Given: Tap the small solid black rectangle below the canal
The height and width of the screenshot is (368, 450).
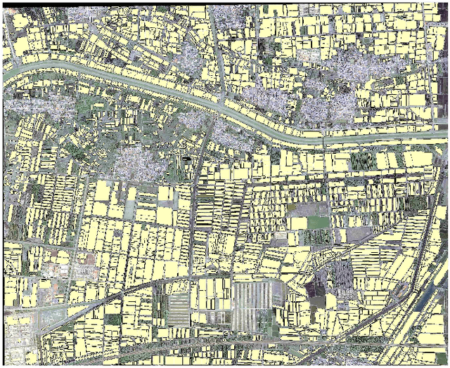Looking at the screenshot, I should click(x=186, y=161).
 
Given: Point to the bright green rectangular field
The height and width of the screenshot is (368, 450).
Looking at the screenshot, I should click(x=318, y=223).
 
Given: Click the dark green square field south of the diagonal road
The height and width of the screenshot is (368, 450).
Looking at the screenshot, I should click(x=112, y=320).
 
